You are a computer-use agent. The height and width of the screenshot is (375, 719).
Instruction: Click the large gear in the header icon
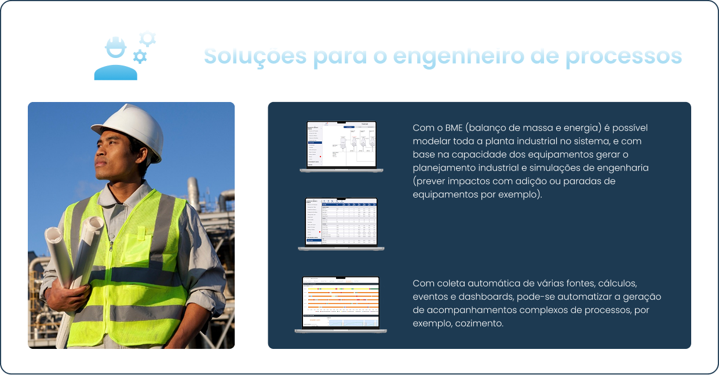[x=148, y=39]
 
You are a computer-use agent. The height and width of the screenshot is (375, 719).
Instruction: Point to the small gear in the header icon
[x=140, y=56]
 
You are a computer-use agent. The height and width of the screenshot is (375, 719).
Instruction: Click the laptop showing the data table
[x=341, y=223]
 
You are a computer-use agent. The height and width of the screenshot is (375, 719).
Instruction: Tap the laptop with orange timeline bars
[x=341, y=304]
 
